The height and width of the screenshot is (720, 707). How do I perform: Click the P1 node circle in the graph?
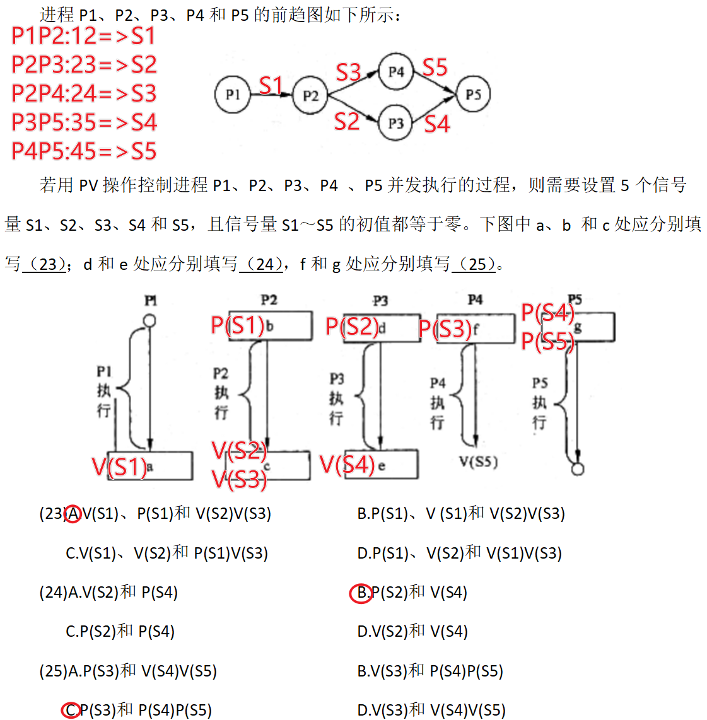(x=233, y=95)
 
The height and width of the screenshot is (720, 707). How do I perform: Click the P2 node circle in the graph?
(x=310, y=96)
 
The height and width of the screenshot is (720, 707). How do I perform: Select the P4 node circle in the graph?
(x=395, y=72)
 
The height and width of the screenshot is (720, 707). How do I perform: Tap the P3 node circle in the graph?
(x=395, y=123)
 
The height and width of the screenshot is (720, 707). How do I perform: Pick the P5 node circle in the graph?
(x=473, y=95)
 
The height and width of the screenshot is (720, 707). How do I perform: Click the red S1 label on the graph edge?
(x=271, y=85)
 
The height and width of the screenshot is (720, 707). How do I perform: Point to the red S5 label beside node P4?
(x=435, y=67)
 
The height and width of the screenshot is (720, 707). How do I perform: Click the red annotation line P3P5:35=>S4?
(x=84, y=122)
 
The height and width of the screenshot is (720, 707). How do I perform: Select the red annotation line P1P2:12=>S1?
(x=83, y=36)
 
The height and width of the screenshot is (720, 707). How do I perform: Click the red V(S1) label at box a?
(x=119, y=467)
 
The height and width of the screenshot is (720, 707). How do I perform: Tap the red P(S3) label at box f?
(x=445, y=328)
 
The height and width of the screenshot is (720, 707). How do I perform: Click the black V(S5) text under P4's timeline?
(x=479, y=462)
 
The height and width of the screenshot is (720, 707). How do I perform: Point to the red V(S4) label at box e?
(x=348, y=465)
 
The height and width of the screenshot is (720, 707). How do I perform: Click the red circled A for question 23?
(x=73, y=514)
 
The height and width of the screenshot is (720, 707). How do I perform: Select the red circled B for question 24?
(x=361, y=593)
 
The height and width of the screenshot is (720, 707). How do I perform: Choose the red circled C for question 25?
(x=71, y=711)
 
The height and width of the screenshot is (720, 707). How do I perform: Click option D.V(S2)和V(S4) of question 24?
(x=412, y=632)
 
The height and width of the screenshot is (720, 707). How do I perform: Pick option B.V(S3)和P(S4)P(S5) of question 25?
(x=430, y=671)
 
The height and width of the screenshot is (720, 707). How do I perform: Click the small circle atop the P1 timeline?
(x=149, y=321)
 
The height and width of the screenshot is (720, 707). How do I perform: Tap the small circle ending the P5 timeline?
(x=577, y=469)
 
